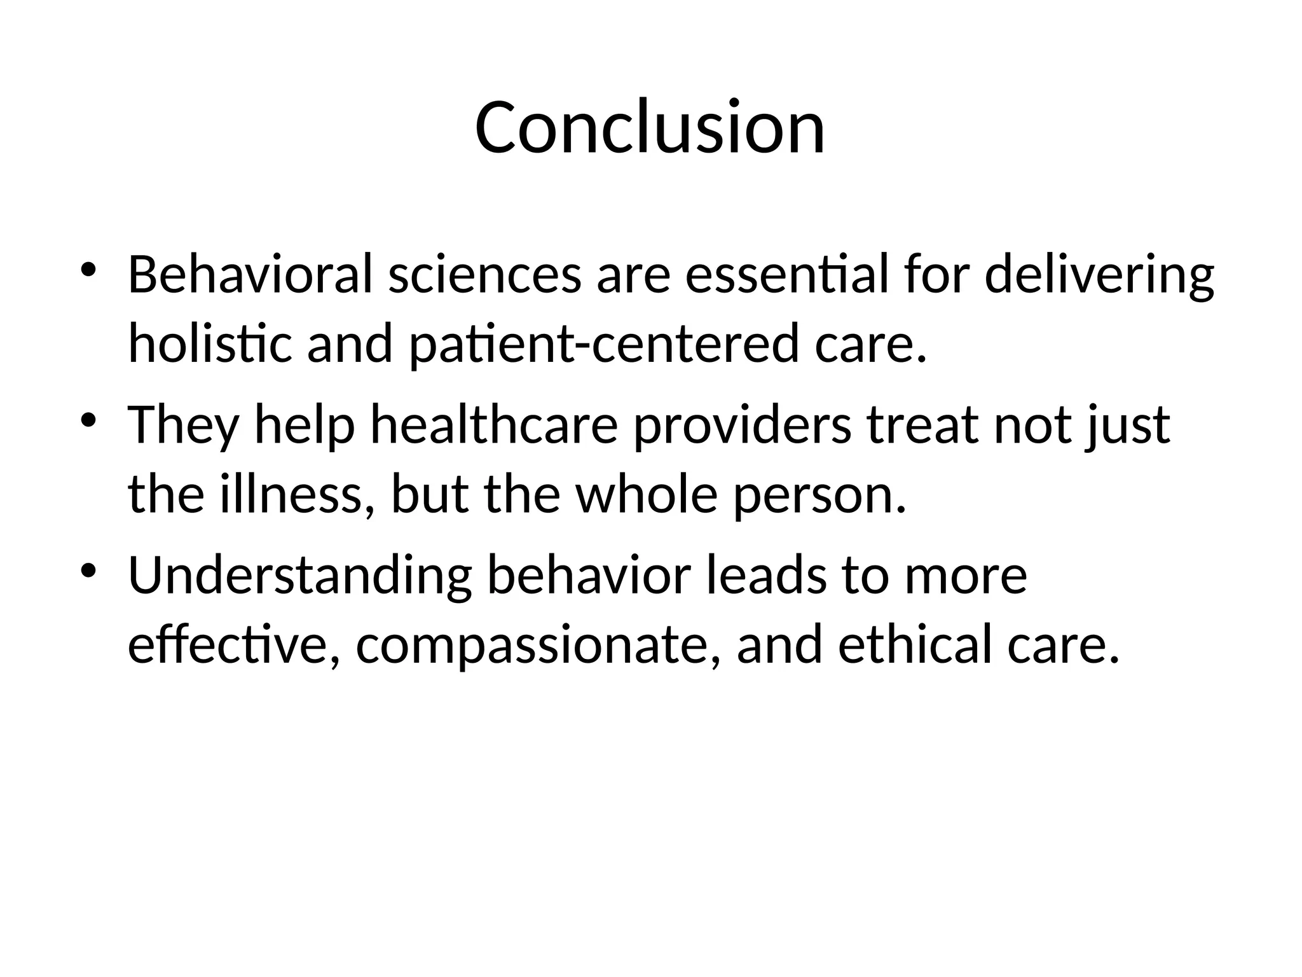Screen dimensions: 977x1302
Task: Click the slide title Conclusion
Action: pyautogui.click(x=650, y=127)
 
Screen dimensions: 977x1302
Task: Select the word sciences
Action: pyautogui.click(x=484, y=274)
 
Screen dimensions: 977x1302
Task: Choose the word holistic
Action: pyautogui.click(x=210, y=343)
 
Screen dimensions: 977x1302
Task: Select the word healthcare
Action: pyautogui.click(x=494, y=425)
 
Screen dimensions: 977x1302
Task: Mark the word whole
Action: pyautogui.click(x=647, y=494)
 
